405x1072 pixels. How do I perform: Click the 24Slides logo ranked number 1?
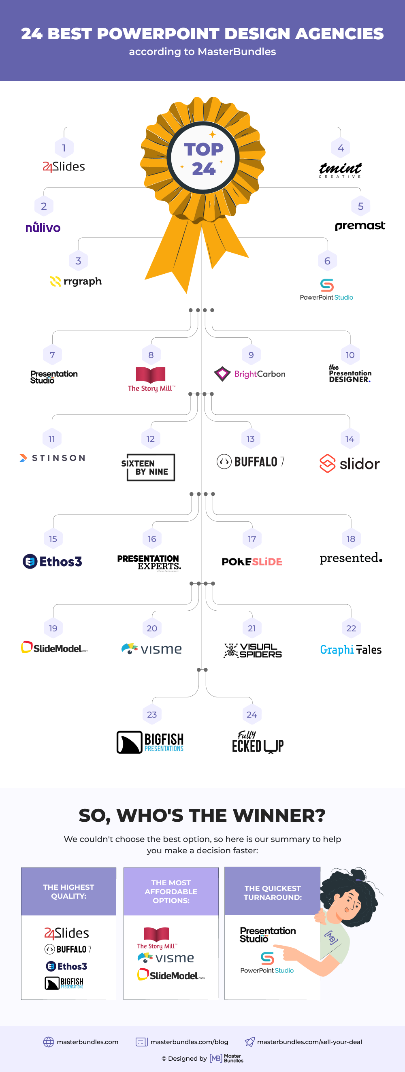[x=64, y=166]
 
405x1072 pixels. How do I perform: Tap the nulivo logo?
[x=43, y=227]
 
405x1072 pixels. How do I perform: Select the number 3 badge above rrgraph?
[x=78, y=261]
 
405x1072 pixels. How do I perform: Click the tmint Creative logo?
[x=340, y=170]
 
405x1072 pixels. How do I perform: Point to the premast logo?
[x=360, y=226]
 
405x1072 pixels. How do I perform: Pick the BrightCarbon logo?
[x=250, y=374]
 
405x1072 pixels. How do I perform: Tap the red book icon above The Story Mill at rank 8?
[x=151, y=375]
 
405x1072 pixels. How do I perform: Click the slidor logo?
[x=350, y=464]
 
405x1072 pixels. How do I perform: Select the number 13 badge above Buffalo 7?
[x=251, y=439]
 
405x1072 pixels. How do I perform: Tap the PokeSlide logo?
[x=252, y=562]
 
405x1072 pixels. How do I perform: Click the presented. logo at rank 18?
[x=351, y=558]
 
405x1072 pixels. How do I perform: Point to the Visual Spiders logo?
[x=253, y=650]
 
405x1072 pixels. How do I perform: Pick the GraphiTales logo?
[x=351, y=650]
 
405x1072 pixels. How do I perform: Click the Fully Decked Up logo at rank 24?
[x=258, y=742]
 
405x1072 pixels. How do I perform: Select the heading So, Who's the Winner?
[x=202, y=815]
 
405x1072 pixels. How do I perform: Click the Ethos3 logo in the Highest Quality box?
[x=66, y=966]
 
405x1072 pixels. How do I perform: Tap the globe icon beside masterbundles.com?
[x=49, y=1042]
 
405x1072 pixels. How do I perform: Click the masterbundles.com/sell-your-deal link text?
[x=309, y=1042]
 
